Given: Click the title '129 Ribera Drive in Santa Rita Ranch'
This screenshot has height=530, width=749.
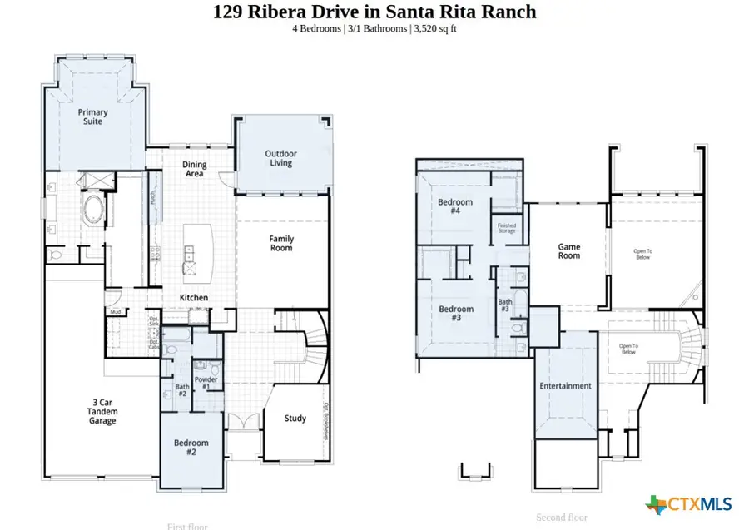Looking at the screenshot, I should (x=374, y=12).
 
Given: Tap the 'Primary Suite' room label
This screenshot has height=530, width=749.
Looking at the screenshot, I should (x=93, y=116).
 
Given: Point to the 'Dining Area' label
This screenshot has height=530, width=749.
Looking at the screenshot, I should (x=195, y=169).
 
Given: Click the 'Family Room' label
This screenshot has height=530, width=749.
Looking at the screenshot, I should (x=281, y=243).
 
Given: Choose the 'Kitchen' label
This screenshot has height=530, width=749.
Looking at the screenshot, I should (x=195, y=298).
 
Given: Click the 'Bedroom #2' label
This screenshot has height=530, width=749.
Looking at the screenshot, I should (x=191, y=448).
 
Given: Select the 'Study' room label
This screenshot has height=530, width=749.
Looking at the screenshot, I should (x=295, y=419).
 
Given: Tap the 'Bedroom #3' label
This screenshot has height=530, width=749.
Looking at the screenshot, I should (x=456, y=314).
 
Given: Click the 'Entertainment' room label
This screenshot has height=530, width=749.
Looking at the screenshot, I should (x=565, y=386).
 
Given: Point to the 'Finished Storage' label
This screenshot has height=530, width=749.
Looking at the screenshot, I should (x=507, y=227).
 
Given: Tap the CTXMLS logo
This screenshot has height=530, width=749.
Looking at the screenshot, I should (x=688, y=503).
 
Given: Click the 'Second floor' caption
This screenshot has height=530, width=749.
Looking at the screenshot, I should (x=562, y=518).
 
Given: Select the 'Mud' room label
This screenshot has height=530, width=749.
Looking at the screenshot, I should (x=115, y=313).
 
